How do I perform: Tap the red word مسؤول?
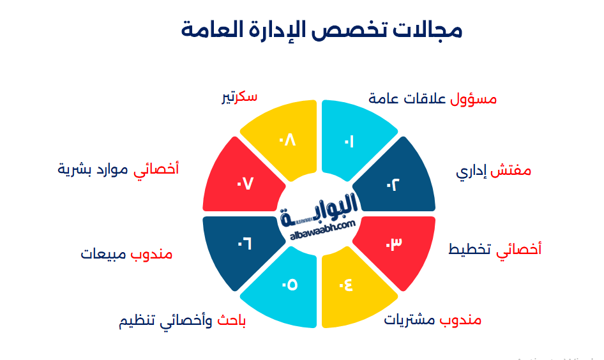click(x=473, y=99)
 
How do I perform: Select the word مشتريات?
click(x=409, y=319)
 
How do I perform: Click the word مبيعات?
click(x=104, y=253)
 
